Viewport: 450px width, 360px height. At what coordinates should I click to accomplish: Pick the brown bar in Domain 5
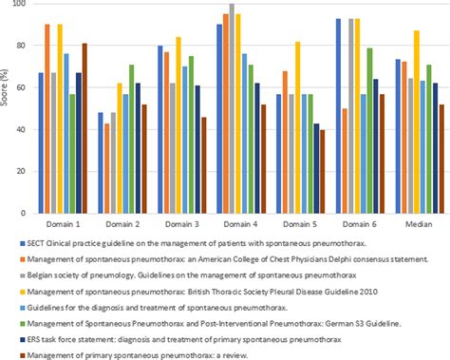pyautogui.click(x=322, y=171)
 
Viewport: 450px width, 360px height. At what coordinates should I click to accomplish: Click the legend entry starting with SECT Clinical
pyautogui.click(x=190, y=246)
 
